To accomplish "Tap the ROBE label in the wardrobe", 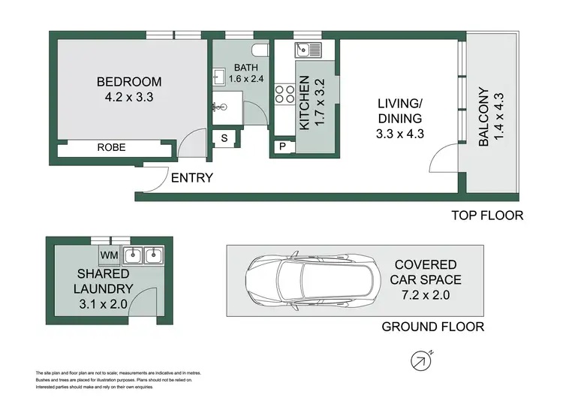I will click(111, 148).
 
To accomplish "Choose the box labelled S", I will click(225, 138).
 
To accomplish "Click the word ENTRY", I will click(192, 179).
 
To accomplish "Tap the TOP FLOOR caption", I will click(486, 216).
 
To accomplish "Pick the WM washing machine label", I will click(110, 255).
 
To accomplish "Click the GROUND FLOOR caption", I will click(433, 326).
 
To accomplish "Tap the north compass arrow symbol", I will click(421, 361).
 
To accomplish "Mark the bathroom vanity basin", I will click(219, 75).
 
